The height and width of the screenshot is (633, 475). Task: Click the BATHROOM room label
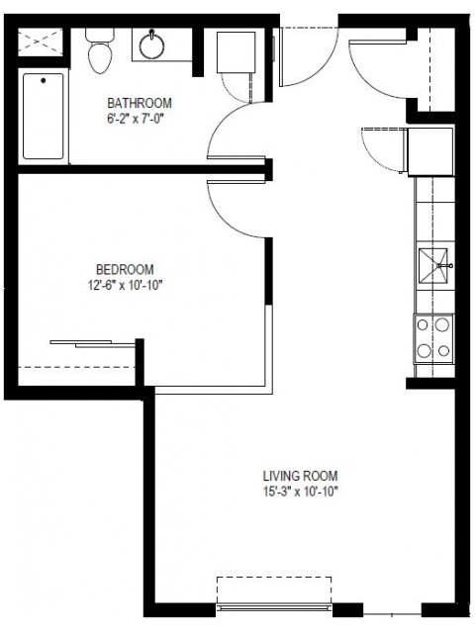140,102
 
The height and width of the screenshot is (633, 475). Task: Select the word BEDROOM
125,269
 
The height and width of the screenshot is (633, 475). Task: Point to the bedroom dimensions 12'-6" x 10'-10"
125,285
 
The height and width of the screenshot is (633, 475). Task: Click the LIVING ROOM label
300,475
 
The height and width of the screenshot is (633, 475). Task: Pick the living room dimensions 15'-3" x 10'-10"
300,491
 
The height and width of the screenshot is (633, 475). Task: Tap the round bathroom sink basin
153,45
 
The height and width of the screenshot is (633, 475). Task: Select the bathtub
43,116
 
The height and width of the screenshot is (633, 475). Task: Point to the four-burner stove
433,337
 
